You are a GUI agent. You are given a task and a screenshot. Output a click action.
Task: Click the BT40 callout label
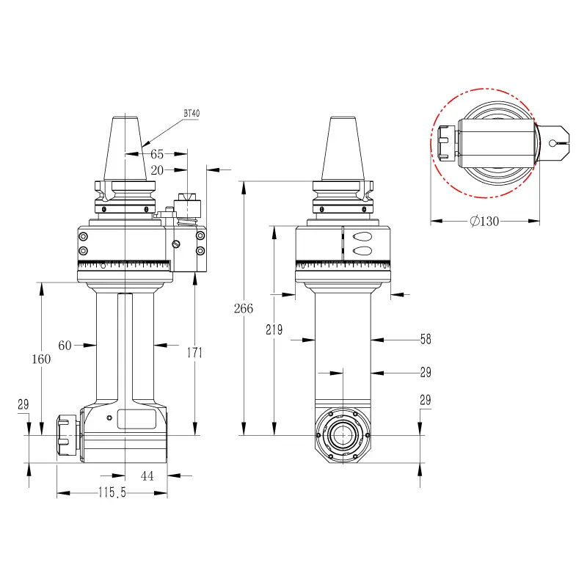192,113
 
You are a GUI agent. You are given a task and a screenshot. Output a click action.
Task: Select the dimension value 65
157,154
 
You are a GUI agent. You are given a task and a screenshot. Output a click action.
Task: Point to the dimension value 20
157,170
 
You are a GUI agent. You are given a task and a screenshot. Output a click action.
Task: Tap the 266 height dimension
244,308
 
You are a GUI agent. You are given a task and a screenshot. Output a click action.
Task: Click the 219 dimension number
274,329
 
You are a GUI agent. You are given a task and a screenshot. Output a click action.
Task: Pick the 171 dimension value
194,353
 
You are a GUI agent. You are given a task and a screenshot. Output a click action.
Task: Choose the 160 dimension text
41,360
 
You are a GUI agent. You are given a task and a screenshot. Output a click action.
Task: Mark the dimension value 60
65,345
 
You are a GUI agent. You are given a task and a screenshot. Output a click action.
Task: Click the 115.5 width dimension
112,492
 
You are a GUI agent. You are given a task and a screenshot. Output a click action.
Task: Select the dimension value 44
147,475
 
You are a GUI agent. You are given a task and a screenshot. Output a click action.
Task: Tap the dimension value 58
426,339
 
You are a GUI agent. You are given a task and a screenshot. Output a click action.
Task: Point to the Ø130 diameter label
484,222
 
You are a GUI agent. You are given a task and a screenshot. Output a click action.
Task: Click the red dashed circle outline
431,143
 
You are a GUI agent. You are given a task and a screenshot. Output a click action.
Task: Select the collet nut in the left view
68,435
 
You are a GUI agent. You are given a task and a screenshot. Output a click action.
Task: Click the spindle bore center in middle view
343,435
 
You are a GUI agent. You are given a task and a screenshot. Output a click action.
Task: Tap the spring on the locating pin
187,222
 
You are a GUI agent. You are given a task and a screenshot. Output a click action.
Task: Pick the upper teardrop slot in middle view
362,236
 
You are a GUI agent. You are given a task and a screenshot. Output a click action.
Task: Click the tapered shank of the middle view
343,149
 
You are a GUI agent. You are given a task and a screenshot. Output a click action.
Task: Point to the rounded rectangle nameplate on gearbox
136,419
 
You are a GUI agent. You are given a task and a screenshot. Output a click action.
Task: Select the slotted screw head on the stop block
176,244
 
